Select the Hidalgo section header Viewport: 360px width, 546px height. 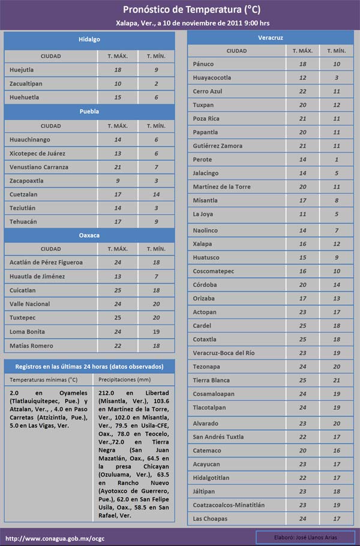89,40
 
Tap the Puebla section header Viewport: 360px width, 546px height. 89,112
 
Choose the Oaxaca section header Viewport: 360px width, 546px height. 89,235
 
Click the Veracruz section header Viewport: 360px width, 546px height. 271,38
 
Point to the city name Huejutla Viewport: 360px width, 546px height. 22,70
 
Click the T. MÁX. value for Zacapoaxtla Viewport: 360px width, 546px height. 118,181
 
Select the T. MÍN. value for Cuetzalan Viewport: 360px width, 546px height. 156,194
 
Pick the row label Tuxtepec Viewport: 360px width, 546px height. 23,318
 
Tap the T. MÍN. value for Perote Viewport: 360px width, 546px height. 337,160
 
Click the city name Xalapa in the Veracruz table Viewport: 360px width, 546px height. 203,244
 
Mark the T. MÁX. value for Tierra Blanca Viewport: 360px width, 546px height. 302,380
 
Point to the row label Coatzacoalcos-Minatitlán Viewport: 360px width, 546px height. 229,505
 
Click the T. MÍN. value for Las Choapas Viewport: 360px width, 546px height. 337,519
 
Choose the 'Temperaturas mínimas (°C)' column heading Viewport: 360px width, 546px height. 44,380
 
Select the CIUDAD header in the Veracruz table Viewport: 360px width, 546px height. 236,51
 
